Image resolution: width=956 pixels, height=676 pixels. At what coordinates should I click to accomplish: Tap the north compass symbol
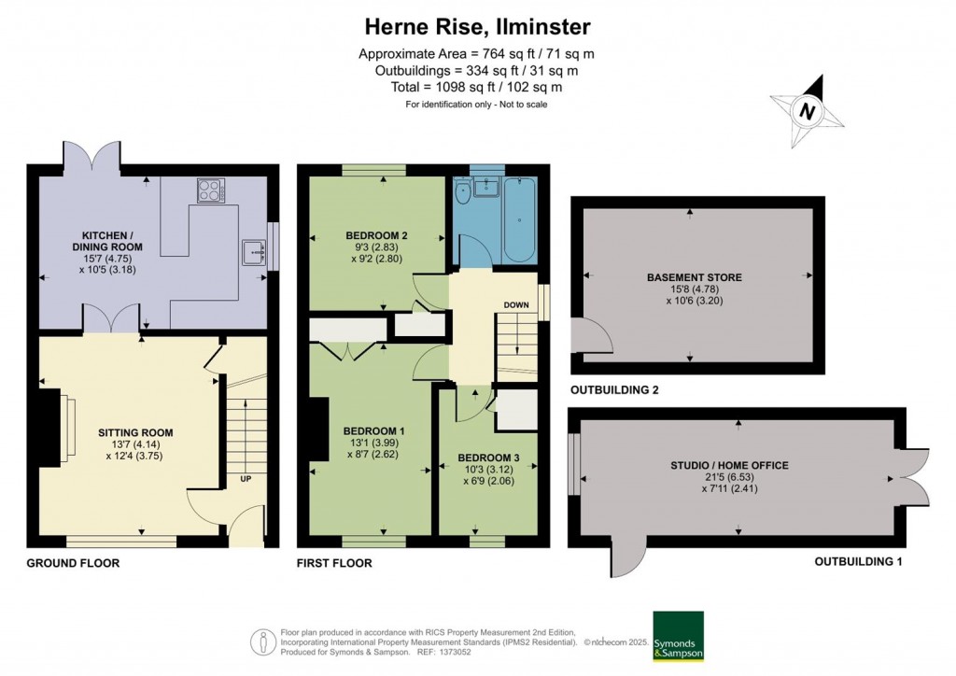[808, 112]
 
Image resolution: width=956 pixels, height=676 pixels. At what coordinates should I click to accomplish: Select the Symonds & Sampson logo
[678, 637]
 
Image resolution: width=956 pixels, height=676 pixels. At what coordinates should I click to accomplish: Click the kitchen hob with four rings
[209, 190]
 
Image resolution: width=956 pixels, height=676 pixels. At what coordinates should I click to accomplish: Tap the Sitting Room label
[135, 432]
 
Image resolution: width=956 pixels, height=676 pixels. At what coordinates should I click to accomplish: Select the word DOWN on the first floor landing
[517, 305]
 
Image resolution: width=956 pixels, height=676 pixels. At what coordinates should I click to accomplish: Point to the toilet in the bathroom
[463, 192]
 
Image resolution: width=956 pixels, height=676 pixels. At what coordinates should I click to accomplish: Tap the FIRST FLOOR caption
[334, 563]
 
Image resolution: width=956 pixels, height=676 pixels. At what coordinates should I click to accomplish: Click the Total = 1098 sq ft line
[477, 87]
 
